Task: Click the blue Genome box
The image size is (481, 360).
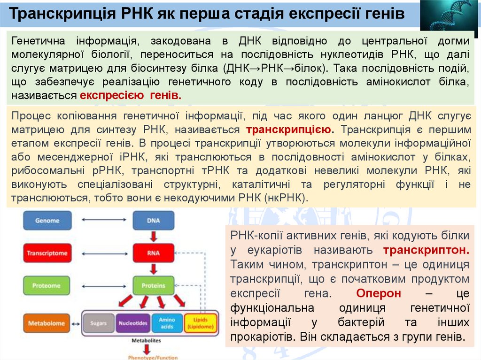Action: click(47, 220)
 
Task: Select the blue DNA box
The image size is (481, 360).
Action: click(153, 220)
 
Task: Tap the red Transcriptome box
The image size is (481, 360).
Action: click(47, 253)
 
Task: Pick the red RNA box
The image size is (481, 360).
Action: click(153, 253)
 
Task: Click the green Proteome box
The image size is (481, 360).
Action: click(47, 285)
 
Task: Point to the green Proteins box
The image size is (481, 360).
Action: click(153, 285)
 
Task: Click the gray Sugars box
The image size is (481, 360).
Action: click(99, 323)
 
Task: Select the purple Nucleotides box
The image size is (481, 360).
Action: click(133, 323)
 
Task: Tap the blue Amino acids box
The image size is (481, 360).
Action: click(167, 323)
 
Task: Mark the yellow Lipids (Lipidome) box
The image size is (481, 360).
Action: click(201, 323)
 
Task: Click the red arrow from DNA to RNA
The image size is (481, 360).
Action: click(153, 237)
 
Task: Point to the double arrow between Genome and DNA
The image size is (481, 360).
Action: click(102, 220)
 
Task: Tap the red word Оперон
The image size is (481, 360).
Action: click(379, 294)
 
